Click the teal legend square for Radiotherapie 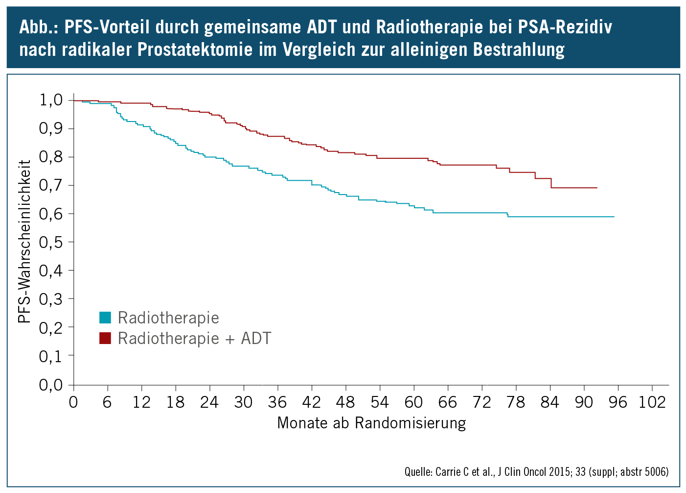[105, 318]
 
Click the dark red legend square [105, 338]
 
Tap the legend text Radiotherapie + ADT [194, 338]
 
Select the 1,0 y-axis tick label [51, 100]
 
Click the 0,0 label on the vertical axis [51, 385]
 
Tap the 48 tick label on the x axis [345, 402]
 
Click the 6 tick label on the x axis [107, 402]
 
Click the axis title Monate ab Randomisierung [371, 422]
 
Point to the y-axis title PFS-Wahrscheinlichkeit [24, 241]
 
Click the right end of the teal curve [613, 217]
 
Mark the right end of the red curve [596, 188]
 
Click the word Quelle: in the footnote [417, 472]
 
